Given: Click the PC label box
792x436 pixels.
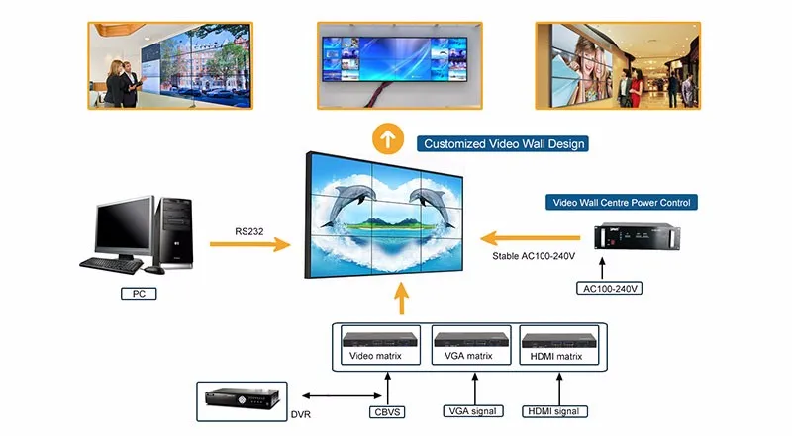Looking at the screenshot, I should (x=139, y=294).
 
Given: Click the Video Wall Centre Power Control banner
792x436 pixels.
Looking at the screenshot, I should (x=621, y=203).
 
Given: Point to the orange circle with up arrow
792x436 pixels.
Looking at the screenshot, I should (x=388, y=139).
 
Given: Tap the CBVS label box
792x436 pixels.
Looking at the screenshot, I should (x=387, y=410).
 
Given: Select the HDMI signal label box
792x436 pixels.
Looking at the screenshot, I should (x=556, y=410).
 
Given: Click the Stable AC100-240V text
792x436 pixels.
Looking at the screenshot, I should (x=534, y=255).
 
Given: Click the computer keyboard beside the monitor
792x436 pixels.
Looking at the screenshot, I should (x=111, y=265).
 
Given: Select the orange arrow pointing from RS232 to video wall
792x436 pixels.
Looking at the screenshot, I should (x=250, y=244).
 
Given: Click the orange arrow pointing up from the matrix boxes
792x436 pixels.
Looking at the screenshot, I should (x=400, y=300).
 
